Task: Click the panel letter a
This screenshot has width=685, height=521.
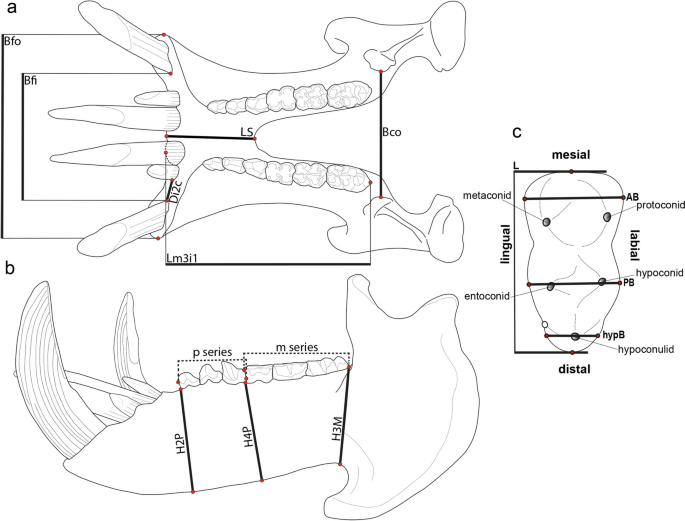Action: point(11,10)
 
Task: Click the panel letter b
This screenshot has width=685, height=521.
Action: point(10,267)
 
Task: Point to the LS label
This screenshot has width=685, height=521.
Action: point(245,131)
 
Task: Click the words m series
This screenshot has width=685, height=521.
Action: point(297,346)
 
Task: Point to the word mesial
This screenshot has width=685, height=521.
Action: point(570,155)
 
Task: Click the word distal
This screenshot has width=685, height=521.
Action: point(570,368)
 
